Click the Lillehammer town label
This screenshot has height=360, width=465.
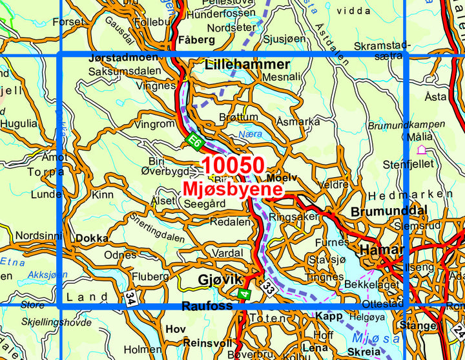point(247,65)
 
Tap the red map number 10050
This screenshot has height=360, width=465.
point(232,165)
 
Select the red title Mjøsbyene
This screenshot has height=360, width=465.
point(232,189)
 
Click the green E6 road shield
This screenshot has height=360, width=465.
point(192,139)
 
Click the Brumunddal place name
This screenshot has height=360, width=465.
point(389,211)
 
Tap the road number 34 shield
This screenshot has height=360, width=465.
point(132,299)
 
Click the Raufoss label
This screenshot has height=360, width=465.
point(207,306)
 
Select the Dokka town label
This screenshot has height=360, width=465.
point(92,238)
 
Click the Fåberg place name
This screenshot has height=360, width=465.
point(198,39)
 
